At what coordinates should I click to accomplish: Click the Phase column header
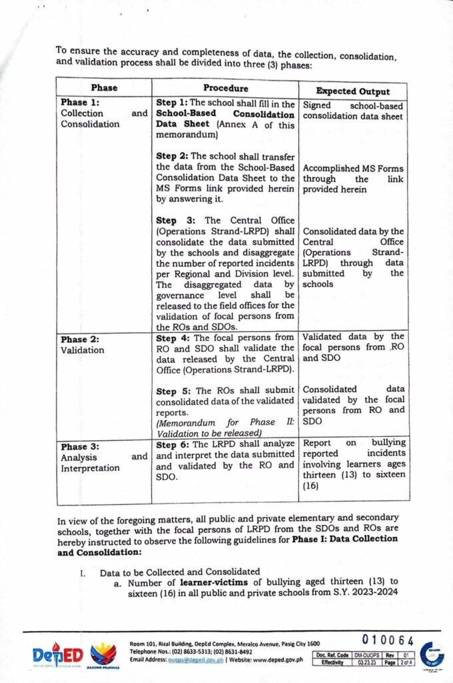103,88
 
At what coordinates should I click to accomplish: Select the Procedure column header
225,88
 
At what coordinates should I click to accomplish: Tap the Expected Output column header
353,91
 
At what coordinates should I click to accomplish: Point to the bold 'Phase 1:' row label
79,103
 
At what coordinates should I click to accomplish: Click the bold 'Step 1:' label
171,103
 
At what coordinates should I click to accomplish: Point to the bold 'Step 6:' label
172,444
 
